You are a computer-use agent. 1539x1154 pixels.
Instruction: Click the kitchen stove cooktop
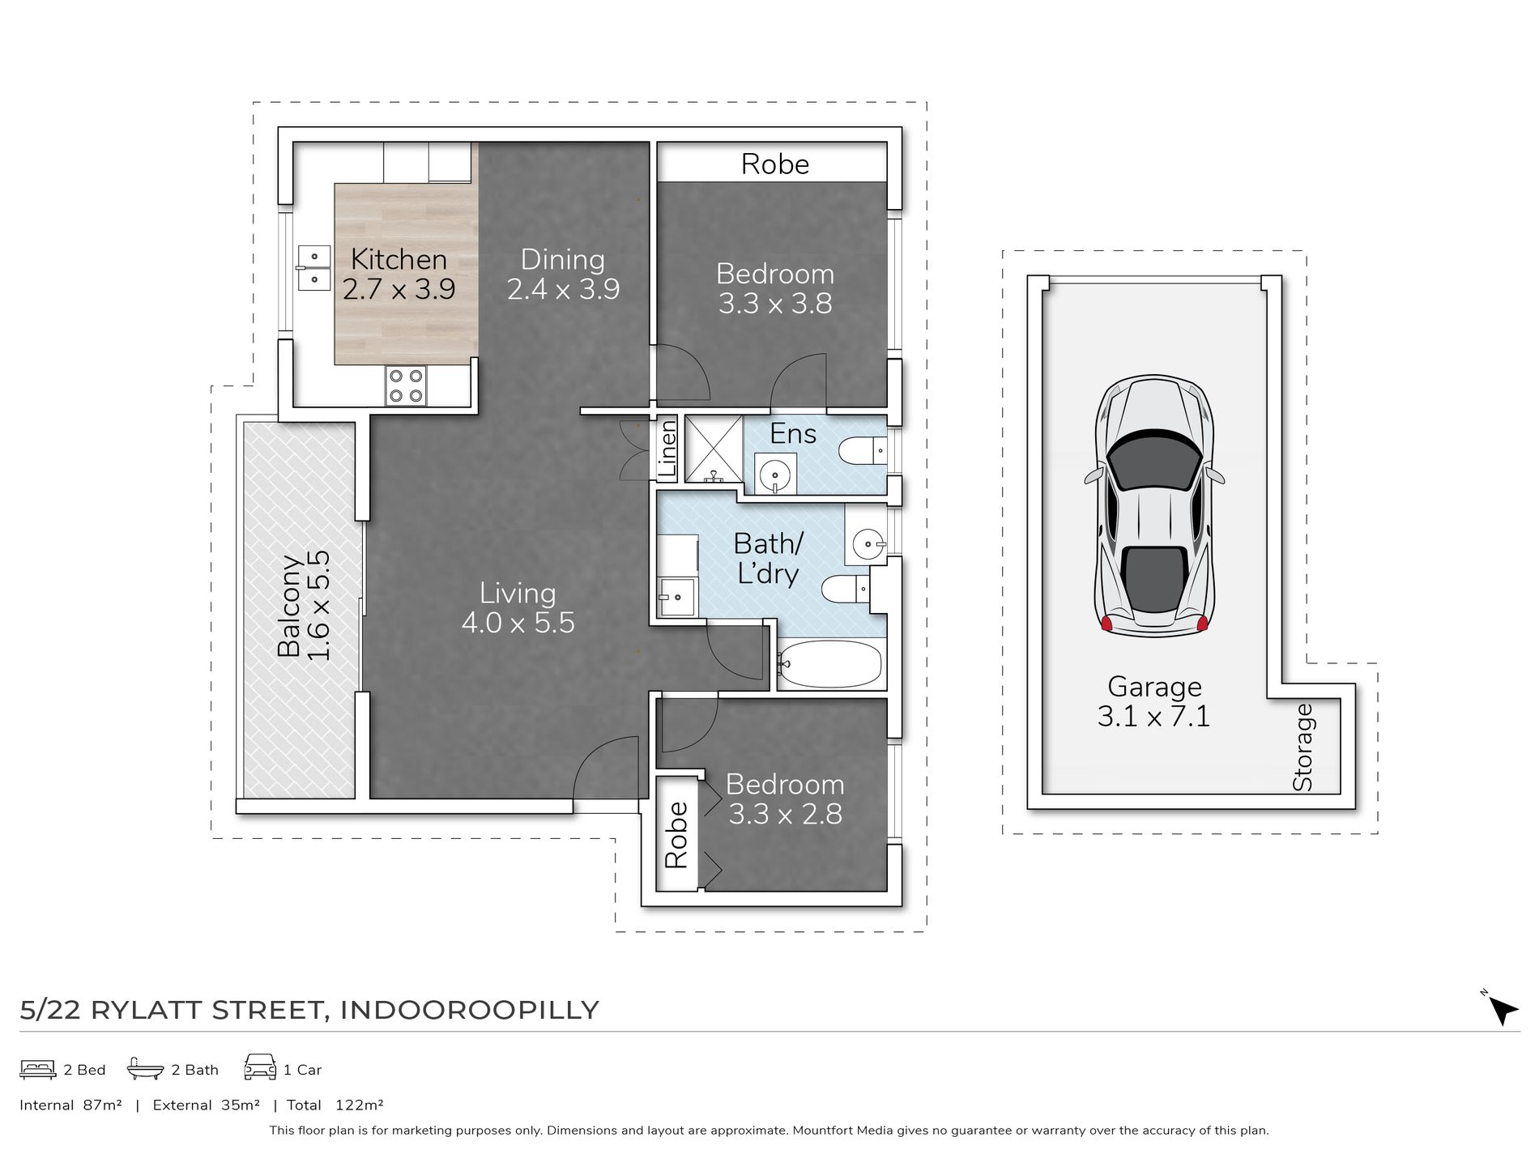pos(406,385)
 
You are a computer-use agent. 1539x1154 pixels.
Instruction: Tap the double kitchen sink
pos(313,268)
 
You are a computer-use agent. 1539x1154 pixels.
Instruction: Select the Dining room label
pos(563,259)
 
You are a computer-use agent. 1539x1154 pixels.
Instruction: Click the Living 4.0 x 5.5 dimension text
pos(518,623)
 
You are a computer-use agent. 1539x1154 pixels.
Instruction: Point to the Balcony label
pos(288,606)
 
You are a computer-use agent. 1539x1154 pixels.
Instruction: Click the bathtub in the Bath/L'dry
pos(829,664)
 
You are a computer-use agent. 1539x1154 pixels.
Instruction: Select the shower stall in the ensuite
pos(714,449)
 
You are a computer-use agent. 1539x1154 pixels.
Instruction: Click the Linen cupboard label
pos(667,449)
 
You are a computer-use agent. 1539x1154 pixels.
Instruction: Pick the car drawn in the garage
pos(1153,505)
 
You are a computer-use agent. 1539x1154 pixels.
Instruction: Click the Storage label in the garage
pos(1302,747)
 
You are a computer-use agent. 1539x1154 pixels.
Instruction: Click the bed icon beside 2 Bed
pos(37,1069)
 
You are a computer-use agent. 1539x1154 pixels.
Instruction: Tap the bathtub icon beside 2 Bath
pos(145,1069)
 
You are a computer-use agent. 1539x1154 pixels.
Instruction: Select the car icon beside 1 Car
pos(259,1068)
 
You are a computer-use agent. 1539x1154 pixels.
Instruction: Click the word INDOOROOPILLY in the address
pos(469,1010)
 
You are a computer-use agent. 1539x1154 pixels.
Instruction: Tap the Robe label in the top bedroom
pos(775,164)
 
